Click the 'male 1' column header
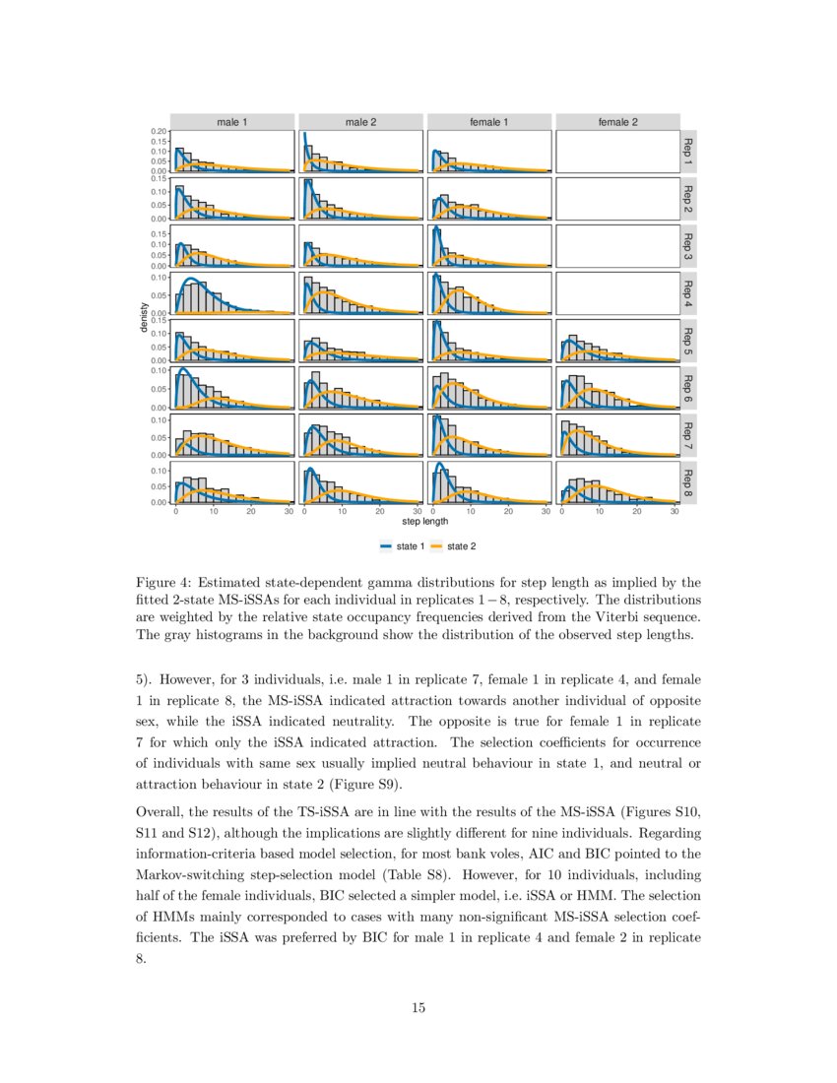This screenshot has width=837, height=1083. point(231,122)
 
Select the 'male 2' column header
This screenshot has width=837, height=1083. point(360,122)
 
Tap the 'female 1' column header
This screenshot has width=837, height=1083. point(489,122)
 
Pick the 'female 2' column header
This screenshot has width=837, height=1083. point(617,122)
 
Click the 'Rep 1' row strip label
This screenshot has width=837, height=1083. point(688,152)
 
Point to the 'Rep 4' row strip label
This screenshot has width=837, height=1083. point(688,293)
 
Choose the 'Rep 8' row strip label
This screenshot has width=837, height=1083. point(688,482)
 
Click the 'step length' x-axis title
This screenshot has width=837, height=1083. point(425,522)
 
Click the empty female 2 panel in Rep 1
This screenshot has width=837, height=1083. point(617,152)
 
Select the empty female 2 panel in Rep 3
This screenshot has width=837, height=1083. point(617,246)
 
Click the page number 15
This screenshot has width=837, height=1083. point(418,1006)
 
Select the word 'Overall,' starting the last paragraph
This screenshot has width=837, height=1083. point(160,812)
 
